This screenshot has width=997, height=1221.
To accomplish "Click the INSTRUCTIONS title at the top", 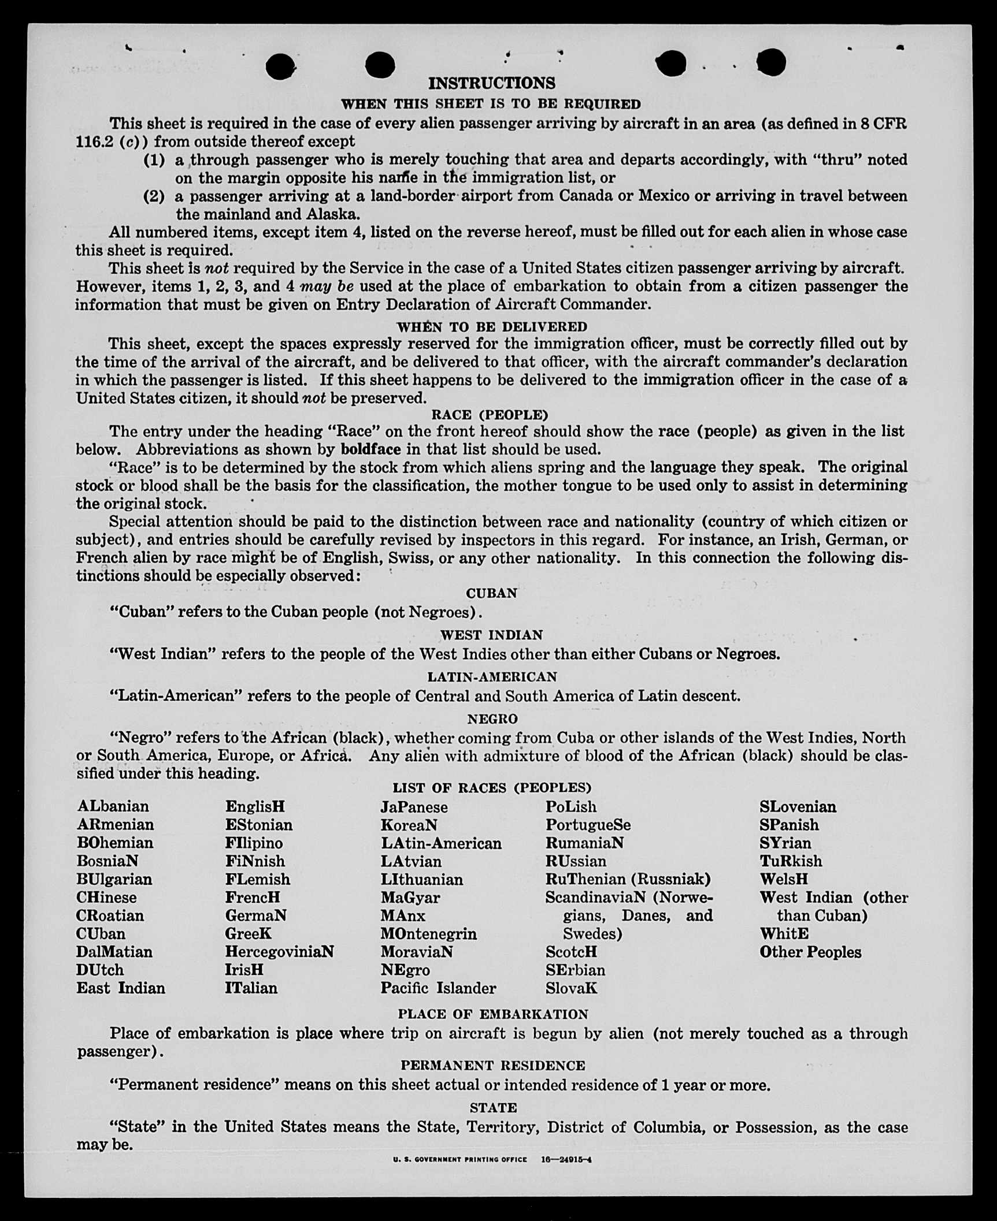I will click(491, 84).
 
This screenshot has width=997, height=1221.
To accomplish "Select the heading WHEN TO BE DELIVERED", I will click(491, 327).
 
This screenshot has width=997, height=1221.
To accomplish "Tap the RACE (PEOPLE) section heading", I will click(490, 415).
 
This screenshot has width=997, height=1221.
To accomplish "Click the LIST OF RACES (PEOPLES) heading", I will click(492, 788).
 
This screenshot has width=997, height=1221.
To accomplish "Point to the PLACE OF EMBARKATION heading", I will click(492, 1014).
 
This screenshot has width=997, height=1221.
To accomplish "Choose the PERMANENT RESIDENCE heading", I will click(492, 1066).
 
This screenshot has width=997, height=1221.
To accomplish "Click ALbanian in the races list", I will click(113, 806).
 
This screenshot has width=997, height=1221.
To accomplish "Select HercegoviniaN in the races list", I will click(279, 952).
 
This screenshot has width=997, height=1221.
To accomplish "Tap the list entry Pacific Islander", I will click(438, 988).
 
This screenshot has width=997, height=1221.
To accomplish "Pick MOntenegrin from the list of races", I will click(428, 934).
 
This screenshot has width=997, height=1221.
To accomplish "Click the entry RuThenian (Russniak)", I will click(628, 879).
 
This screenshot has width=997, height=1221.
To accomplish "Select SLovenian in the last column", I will click(798, 806).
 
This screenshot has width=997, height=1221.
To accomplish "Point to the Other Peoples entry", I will click(810, 952).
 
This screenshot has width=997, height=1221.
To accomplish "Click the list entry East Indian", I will click(120, 988).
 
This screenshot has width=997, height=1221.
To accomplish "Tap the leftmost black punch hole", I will click(281, 67).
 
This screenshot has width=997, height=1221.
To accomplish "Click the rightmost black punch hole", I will click(771, 62).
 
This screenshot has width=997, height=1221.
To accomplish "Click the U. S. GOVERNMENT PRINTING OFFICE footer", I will click(460, 1159).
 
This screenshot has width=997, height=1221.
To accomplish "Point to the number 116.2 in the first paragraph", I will click(94, 142).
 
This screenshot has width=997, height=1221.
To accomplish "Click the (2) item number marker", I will click(154, 196).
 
